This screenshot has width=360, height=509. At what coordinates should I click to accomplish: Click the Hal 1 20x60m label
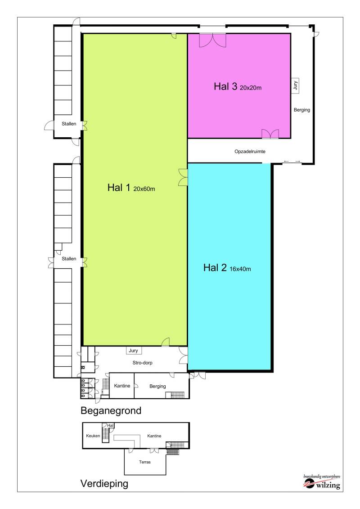(x=131, y=189)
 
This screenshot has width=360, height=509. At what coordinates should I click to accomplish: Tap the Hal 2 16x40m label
(x=227, y=268)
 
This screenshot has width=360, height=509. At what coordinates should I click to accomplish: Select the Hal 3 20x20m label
(x=238, y=87)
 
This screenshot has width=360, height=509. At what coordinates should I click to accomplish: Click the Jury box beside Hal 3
(x=295, y=85)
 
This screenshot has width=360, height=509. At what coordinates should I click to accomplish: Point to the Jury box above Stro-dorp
(x=133, y=351)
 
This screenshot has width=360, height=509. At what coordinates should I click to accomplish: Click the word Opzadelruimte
(x=250, y=152)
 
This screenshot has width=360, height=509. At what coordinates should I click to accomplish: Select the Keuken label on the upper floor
(x=93, y=436)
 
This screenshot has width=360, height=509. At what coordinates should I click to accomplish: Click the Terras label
(x=145, y=462)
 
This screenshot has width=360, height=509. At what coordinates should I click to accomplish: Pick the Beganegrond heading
(x=111, y=410)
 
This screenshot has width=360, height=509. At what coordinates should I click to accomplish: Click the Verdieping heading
(x=104, y=484)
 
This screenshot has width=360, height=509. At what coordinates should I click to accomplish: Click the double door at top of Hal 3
(x=212, y=40)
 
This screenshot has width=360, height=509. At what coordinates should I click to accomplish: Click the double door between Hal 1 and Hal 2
(x=183, y=177)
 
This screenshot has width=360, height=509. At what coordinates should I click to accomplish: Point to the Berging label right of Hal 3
(x=302, y=110)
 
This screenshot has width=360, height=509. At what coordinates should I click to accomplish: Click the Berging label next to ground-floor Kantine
(x=157, y=386)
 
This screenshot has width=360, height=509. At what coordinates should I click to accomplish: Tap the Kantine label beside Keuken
(x=154, y=436)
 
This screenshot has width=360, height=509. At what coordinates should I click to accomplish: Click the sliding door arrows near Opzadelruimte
(x=292, y=161)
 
